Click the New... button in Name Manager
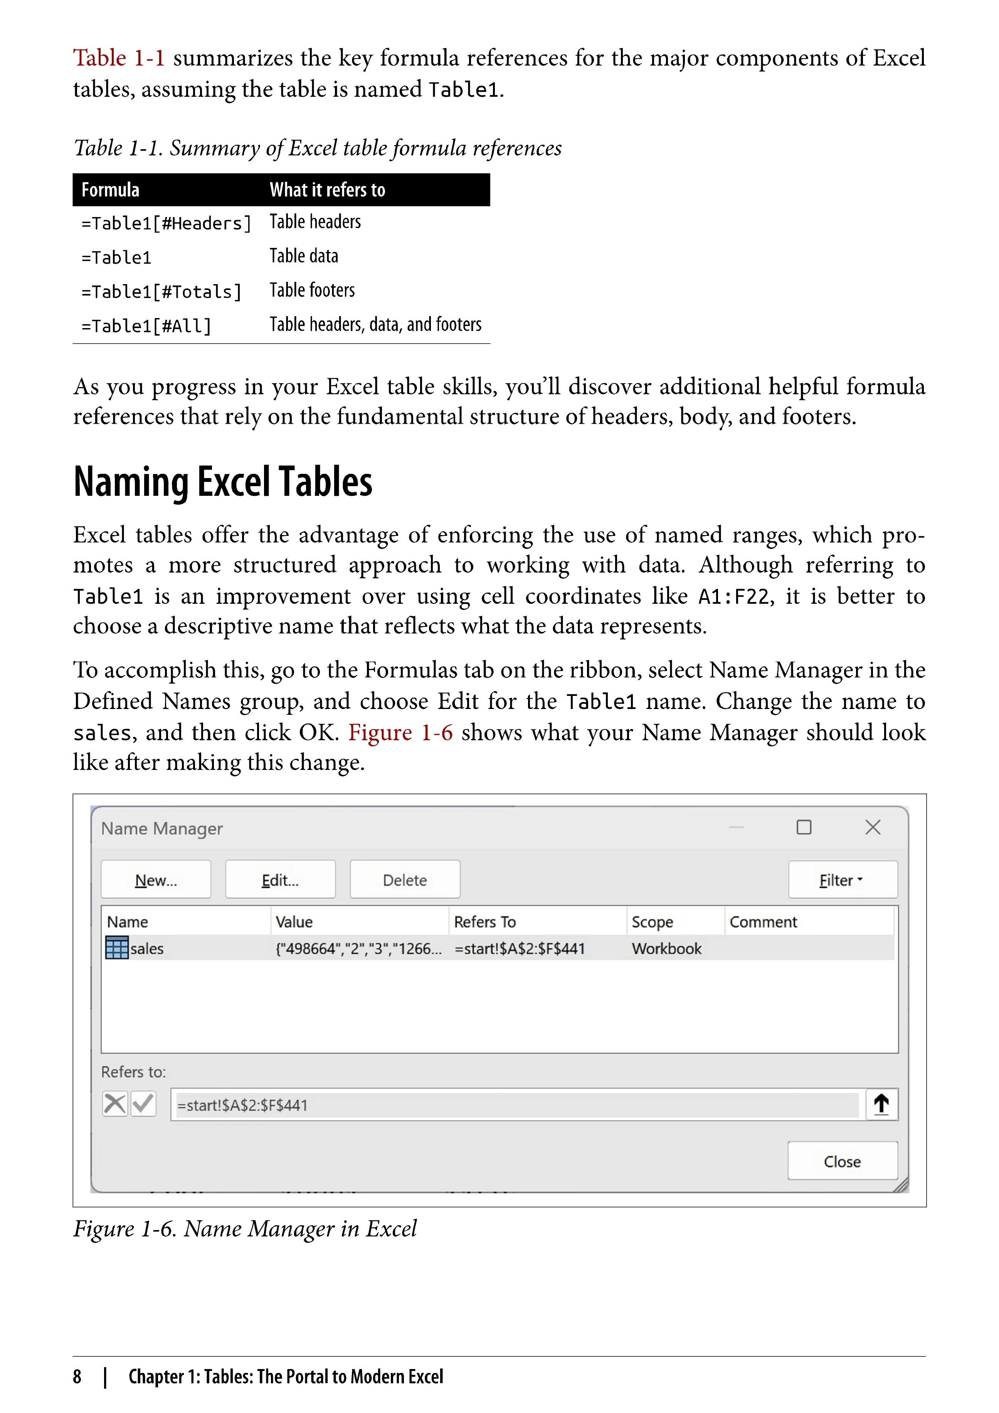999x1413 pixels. pyautogui.click(x=156, y=880)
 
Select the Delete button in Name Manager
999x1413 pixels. pyautogui.click(x=405, y=880)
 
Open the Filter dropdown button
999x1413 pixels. pyautogui.click(x=842, y=880)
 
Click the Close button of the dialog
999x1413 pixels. pyautogui.click(x=842, y=1161)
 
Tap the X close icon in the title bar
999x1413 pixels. pyautogui.click(x=872, y=827)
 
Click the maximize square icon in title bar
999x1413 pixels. pyautogui.click(x=804, y=827)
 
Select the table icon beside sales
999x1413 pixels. pyautogui.click(x=117, y=948)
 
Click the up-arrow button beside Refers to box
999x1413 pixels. pyautogui.click(x=881, y=1104)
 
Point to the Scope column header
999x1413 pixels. pyautogui.click(x=652, y=922)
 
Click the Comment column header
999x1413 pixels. pyautogui.click(x=763, y=922)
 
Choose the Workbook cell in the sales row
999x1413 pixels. pyautogui.click(x=666, y=948)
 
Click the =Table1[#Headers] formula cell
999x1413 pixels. pyautogui.click(x=166, y=223)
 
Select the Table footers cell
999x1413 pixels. pyautogui.click(x=313, y=290)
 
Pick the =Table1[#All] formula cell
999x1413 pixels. pyautogui.click(x=146, y=325)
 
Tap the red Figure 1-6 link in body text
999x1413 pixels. pyautogui.click(x=400, y=733)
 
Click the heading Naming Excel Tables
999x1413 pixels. pyautogui.click(x=223, y=482)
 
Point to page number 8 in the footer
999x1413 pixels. pyautogui.click(x=77, y=1376)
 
